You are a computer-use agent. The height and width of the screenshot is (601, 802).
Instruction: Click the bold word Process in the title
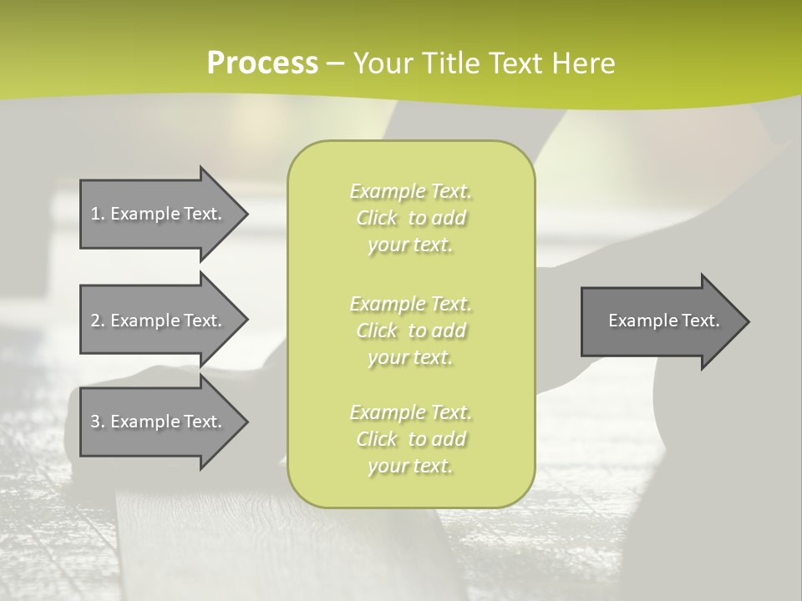click(x=262, y=63)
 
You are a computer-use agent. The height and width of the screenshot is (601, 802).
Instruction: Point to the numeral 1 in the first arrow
click(x=95, y=214)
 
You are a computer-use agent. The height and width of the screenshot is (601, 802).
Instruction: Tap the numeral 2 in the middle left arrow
click(x=95, y=321)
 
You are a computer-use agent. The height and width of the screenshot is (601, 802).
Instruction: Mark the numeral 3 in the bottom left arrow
click(x=95, y=422)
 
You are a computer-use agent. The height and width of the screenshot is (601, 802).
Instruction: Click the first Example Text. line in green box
click(x=410, y=191)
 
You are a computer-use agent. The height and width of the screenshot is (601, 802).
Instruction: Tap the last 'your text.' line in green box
click(x=410, y=466)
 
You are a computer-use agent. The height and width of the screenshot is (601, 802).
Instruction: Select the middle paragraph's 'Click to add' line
click(x=410, y=331)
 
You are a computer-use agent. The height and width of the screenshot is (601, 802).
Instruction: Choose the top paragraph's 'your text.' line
click(x=410, y=245)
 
